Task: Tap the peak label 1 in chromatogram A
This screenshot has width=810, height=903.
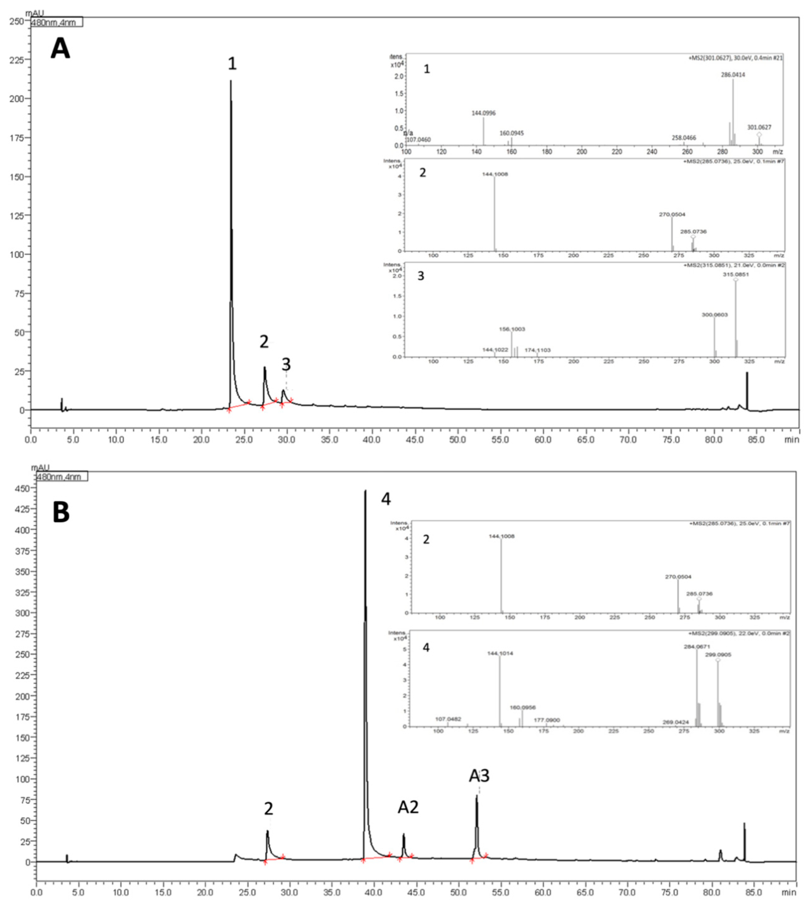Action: click(x=232, y=64)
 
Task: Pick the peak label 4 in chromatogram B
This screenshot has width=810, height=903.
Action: click(x=386, y=499)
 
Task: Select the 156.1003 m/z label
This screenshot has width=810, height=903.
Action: click(x=512, y=329)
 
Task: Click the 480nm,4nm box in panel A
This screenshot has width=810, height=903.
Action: click(x=57, y=22)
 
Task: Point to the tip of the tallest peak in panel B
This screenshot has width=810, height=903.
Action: click(x=365, y=491)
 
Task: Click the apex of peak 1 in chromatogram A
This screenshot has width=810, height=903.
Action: click(x=230, y=81)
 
